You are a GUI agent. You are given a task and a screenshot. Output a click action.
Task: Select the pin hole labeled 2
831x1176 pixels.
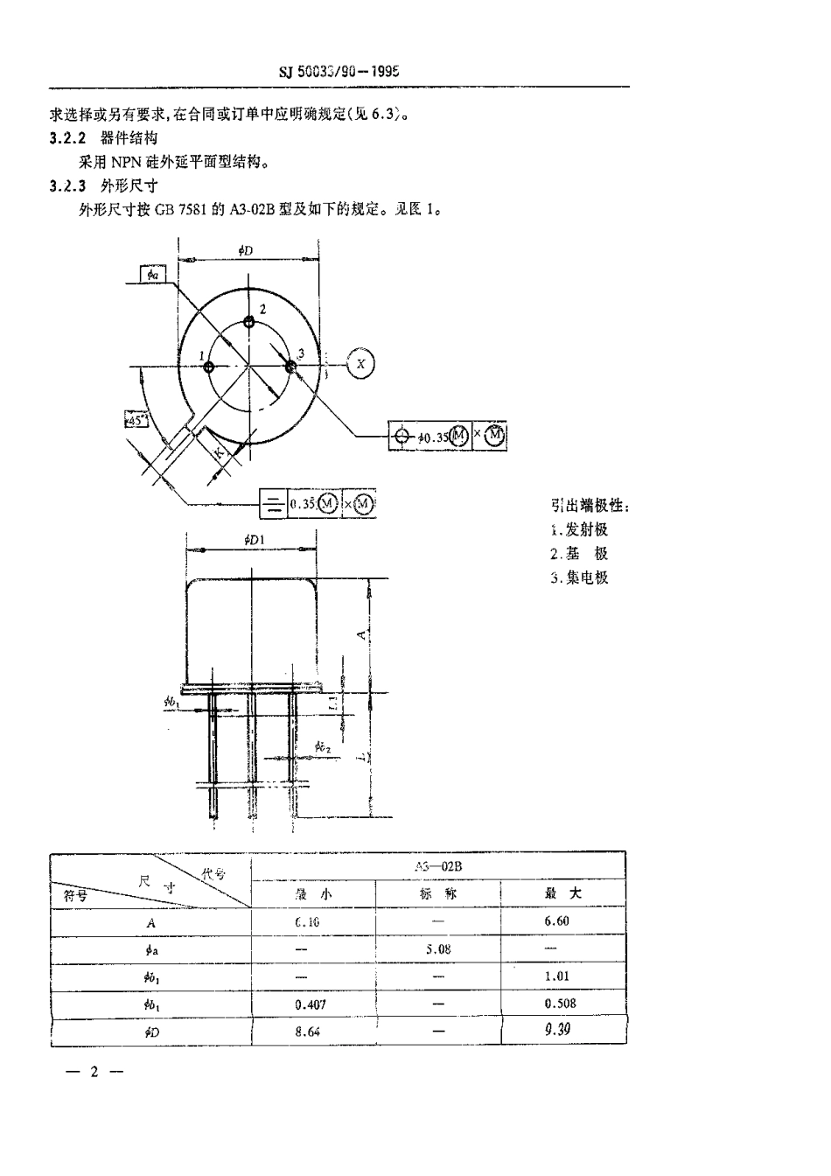(x=250, y=320)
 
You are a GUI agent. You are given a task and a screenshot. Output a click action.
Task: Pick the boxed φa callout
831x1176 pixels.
(x=152, y=275)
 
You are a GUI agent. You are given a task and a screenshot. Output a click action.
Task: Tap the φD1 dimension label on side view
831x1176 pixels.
(x=255, y=542)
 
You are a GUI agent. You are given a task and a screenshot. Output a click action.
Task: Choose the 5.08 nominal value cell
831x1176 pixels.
(x=437, y=948)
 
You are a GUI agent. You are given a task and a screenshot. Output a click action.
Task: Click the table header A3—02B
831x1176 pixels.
(x=437, y=865)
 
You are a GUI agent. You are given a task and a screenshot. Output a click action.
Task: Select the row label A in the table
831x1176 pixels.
(x=150, y=922)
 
